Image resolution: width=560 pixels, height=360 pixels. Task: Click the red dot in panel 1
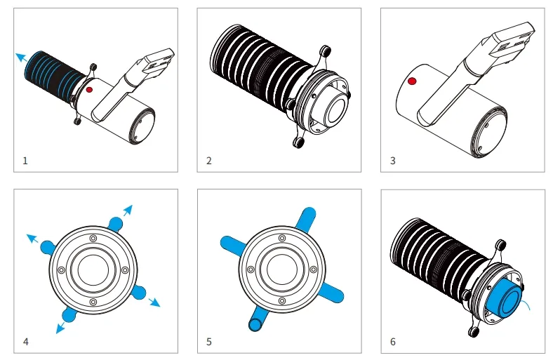(x=89, y=90)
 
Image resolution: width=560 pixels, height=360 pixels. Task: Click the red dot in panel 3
(x=412, y=81)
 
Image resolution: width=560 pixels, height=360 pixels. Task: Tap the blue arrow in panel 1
(x=21, y=58)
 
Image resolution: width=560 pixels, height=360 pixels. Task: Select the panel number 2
(x=209, y=161)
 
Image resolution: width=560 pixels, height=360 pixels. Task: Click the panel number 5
(x=209, y=342)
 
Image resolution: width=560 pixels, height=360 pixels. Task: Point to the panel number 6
(x=393, y=342)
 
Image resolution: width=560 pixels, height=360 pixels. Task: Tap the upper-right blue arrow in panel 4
(x=128, y=211)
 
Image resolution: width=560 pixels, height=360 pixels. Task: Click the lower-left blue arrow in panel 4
(x=60, y=328)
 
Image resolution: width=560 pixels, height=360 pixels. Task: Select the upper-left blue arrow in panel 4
(x=32, y=238)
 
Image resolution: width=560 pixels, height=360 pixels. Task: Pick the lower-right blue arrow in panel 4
(x=154, y=302)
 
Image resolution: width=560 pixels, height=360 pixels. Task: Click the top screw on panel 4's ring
(x=93, y=238)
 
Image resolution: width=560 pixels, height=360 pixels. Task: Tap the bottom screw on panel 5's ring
(x=282, y=301)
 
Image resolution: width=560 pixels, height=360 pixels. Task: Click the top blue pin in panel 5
(x=306, y=218)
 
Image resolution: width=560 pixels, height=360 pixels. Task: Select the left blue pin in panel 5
(x=232, y=246)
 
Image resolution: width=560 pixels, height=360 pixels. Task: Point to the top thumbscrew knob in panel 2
(x=325, y=51)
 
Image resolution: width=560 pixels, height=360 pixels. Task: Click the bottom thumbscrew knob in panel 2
(x=298, y=142)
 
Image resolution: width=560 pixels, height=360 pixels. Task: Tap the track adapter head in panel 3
(x=513, y=41)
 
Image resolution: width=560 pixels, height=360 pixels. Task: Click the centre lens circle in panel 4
(x=93, y=270)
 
